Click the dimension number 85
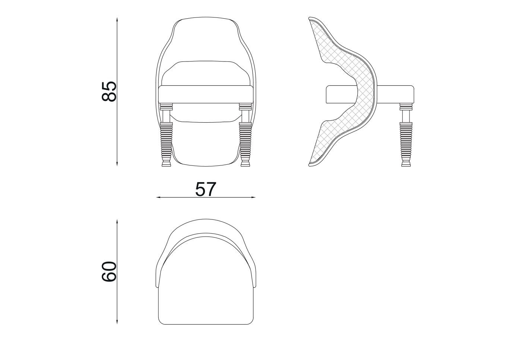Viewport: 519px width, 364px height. pos(109,91)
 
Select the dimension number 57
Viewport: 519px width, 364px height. pos(206,189)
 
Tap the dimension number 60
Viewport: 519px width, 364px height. pos(109,271)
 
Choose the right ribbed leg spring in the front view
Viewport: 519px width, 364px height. pos(245,142)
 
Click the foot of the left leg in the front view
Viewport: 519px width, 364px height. pos(166,163)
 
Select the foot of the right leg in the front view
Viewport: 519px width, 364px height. pos(245,163)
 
